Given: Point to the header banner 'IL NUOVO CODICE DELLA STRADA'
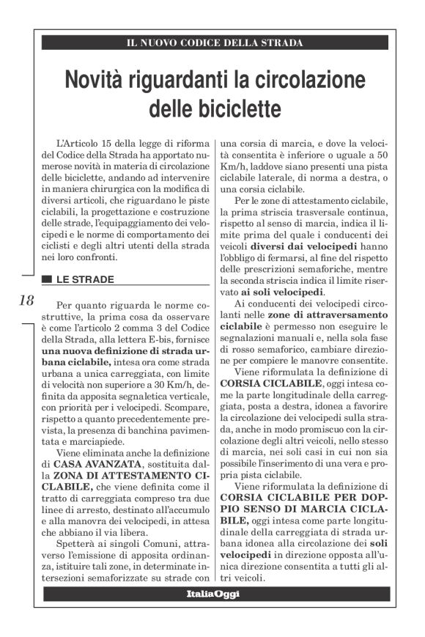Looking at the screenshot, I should point(214,43).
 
